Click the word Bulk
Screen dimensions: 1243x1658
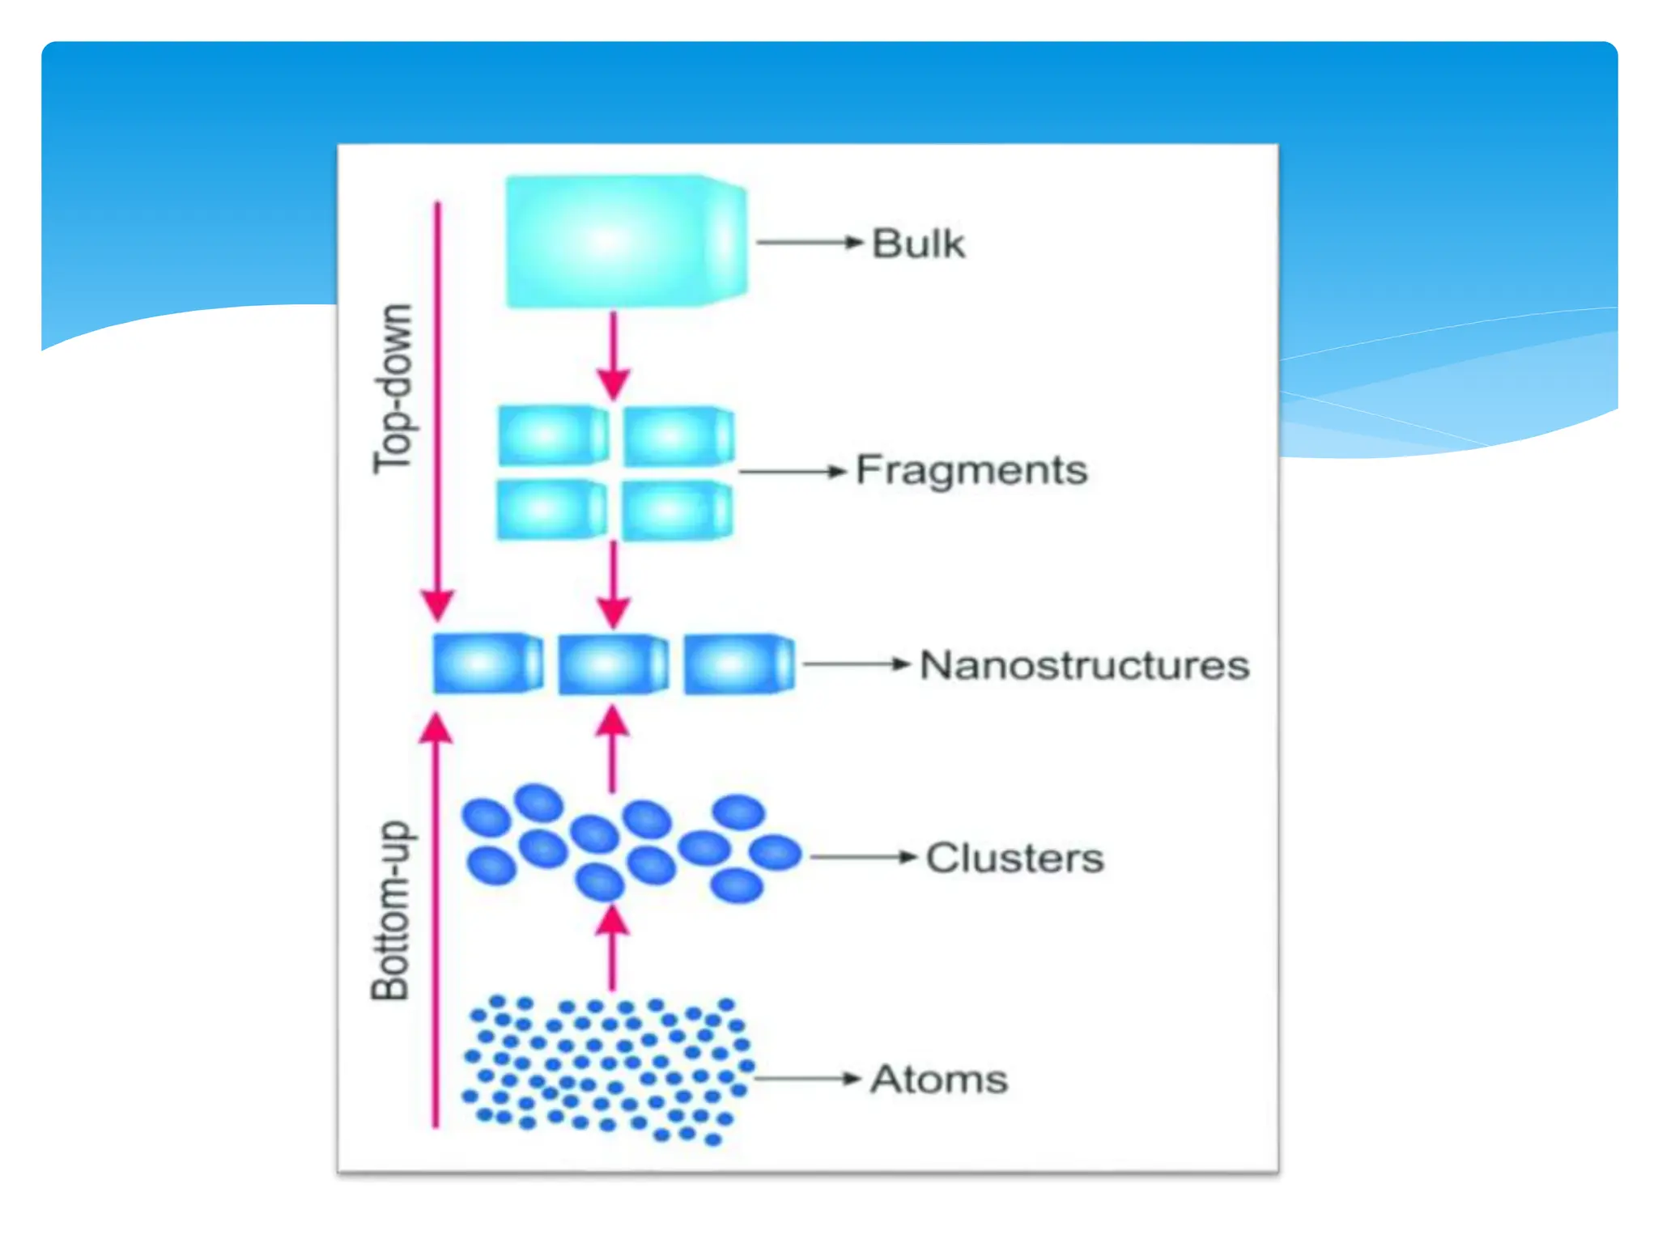point(917,244)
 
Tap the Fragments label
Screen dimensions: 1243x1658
point(971,470)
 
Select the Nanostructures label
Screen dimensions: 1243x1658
point(1084,665)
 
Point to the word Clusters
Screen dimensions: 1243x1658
point(1014,858)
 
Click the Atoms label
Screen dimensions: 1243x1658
point(939,1079)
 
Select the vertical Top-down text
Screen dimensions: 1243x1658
point(393,388)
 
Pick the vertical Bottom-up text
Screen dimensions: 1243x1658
point(391,910)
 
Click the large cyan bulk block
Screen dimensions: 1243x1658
point(624,241)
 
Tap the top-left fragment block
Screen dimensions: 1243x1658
point(552,435)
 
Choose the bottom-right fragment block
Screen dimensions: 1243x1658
point(677,510)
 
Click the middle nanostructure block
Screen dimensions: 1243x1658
point(613,664)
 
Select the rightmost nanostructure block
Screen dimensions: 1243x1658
point(738,664)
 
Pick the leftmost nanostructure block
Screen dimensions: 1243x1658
point(487,664)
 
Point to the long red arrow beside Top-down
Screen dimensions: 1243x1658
point(438,405)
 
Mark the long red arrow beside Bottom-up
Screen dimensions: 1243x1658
point(436,923)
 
